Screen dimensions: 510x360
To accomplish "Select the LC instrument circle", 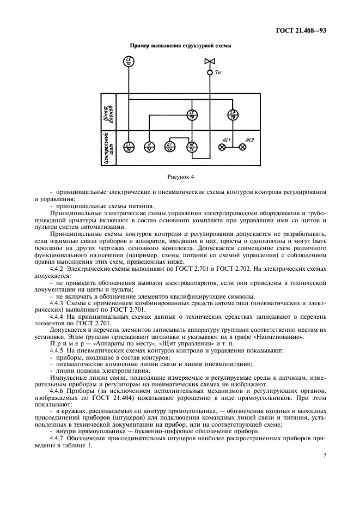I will point(192,115).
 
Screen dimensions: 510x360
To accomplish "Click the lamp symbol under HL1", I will point(222,148).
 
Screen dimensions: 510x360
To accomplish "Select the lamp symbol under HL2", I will point(243,148).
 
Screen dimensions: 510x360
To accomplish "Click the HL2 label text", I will point(250,139).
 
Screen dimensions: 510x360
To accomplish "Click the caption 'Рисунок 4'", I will point(180,177).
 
